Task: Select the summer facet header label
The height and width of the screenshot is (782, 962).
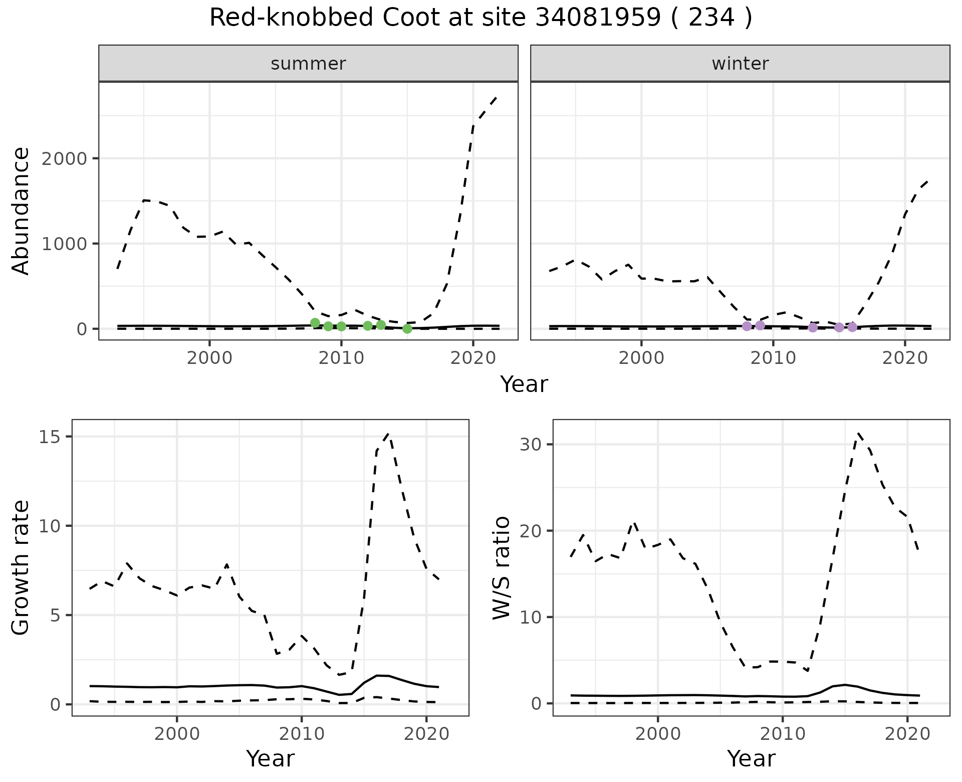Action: pyautogui.click(x=308, y=64)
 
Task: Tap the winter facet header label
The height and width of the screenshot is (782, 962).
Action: pyautogui.click(x=740, y=64)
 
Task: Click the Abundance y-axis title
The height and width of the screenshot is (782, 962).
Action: pyautogui.click(x=21, y=211)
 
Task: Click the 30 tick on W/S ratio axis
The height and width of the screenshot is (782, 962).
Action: pyautogui.click(x=530, y=445)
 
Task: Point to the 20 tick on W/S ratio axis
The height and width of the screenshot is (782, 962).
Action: pyautogui.click(x=530, y=531)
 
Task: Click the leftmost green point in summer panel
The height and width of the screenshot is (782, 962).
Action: pyautogui.click(x=315, y=323)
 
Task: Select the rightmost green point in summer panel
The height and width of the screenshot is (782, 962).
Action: pyautogui.click(x=407, y=329)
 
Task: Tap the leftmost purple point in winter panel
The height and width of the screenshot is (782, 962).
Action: pyautogui.click(x=747, y=326)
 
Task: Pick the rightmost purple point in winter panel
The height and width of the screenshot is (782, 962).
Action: pyautogui.click(x=852, y=327)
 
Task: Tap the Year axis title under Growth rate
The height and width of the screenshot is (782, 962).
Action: pyautogui.click(x=270, y=759)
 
